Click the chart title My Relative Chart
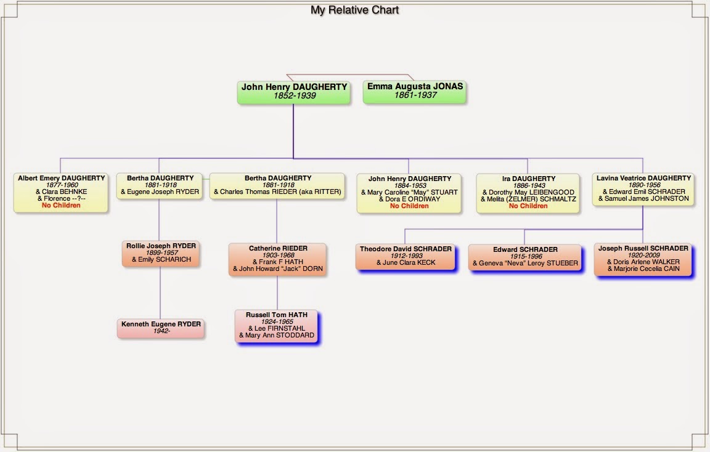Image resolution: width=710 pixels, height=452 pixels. [x=354, y=10]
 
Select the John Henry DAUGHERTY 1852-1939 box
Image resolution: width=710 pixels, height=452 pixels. [x=294, y=92]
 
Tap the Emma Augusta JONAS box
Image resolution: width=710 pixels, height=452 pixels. [x=415, y=91]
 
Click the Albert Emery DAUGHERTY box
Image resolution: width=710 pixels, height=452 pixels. [x=61, y=192]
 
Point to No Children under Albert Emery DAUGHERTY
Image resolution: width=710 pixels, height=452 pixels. [x=61, y=206]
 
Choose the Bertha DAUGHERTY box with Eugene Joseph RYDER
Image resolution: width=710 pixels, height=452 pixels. [x=160, y=185]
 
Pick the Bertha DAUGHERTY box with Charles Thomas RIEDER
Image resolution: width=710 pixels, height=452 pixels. [x=277, y=185]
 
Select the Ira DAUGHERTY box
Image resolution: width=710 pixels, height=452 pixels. [x=528, y=192]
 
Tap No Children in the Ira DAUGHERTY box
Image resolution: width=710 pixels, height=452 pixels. [x=528, y=206]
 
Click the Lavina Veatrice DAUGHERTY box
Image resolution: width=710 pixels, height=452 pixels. [x=643, y=188]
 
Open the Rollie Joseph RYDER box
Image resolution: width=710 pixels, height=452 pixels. [x=161, y=253]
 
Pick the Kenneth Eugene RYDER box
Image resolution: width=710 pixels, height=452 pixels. [x=161, y=328]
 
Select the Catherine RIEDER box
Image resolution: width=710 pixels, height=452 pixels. [x=278, y=259]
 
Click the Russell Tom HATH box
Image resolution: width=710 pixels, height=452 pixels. [x=277, y=325]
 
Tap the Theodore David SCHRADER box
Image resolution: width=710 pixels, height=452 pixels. [x=406, y=256]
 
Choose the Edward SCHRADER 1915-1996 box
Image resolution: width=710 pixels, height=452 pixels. [x=525, y=257]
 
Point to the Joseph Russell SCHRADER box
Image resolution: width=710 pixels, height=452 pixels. [x=643, y=259]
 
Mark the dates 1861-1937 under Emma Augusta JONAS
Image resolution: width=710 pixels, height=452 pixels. [x=415, y=96]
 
